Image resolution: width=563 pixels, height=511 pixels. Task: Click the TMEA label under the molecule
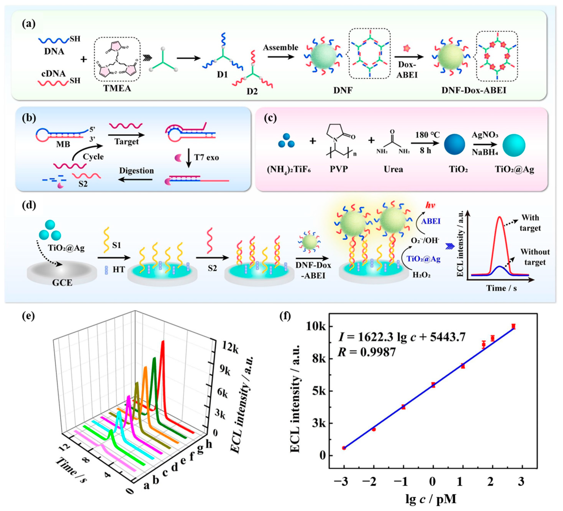(x=117, y=88)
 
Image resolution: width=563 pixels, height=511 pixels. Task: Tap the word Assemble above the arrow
(x=280, y=47)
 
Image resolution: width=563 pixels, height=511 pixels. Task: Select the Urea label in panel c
(x=393, y=169)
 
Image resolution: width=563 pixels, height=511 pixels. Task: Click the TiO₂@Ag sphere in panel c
(x=514, y=145)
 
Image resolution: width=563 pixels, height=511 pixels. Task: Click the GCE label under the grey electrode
(x=62, y=283)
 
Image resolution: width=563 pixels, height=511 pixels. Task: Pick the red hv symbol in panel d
(x=430, y=205)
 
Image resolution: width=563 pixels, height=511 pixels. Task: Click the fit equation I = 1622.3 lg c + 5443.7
(x=402, y=337)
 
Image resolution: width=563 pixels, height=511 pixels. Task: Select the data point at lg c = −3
(x=344, y=448)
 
